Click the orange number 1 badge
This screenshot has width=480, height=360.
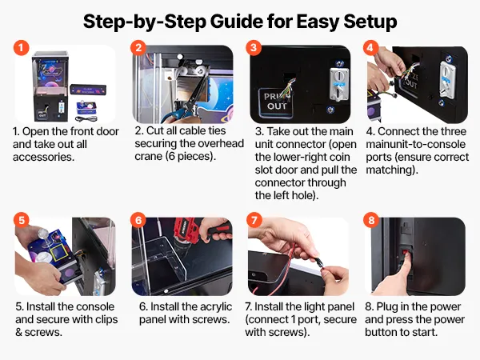click(21, 48)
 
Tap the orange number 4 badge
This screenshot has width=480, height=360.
click(370, 48)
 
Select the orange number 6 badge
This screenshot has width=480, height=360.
click(138, 220)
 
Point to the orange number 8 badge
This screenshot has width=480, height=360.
click(371, 220)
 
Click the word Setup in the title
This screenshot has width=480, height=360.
click(370, 22)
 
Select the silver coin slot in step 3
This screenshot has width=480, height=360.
click(339, 84)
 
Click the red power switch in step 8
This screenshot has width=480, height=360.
click(406, 253)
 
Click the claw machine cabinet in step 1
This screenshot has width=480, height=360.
click(50, 86)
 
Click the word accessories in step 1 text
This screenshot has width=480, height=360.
click(43, 157)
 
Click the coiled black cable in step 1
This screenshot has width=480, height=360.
click(86, 118)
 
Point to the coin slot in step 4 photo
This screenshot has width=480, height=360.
click(447, 79)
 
